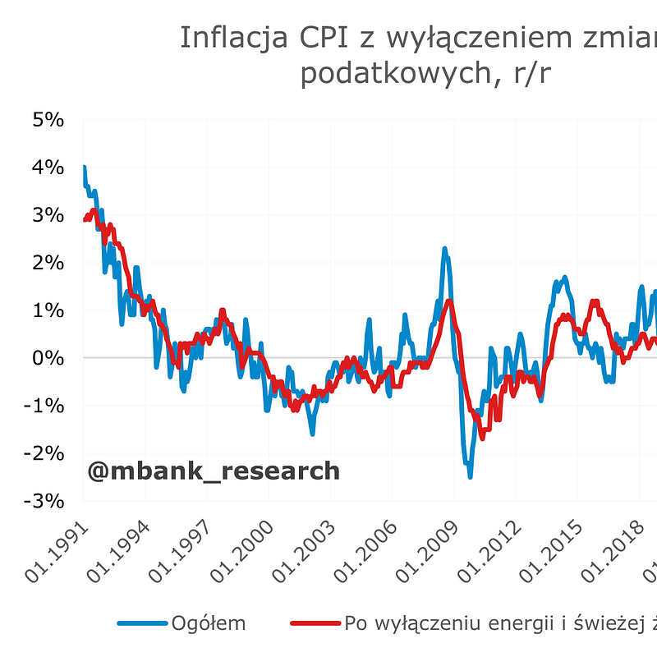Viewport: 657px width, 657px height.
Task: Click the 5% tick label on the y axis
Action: pyautogui.click(x=48, y=120)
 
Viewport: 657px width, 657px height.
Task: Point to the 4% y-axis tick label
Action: pyautogui.click(x=48, y=168)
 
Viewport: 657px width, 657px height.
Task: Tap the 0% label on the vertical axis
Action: pyautogui.click(x=48, y=358)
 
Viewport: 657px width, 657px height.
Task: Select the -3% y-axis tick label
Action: pyautogui.click(x=44, y=501)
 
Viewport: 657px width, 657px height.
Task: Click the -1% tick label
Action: pyautogui.click(x=44, y=406)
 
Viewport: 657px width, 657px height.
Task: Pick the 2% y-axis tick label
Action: pyautogui.click(x=48, y=263)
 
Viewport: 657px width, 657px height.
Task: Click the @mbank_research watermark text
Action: pyautogui.click(x=214, y=471)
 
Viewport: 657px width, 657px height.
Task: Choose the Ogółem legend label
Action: pyautogui.click(x=208, y=623)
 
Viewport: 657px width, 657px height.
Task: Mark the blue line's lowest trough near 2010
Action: pyautogui.click(x=470, y=476)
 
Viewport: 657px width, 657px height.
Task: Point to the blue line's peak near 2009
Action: pyautogui.click(x=444, y=249)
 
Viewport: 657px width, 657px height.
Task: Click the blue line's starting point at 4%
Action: pyautogui.click(x=84, y=168)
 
